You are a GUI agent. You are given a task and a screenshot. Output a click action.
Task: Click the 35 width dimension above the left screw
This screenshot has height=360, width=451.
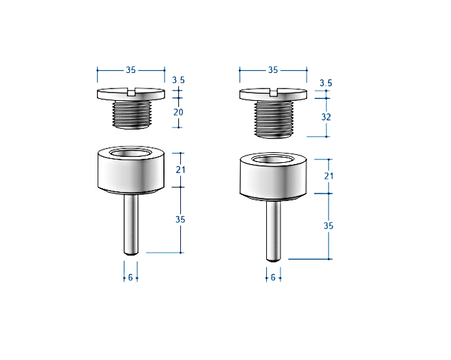coord(131,70)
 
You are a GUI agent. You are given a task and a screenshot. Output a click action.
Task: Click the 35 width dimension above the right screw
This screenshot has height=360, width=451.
coord(273,70)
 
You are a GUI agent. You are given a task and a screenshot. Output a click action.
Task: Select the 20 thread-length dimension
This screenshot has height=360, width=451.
coord(178,112)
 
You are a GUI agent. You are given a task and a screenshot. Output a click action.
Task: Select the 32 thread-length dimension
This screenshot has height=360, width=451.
coord(326,117)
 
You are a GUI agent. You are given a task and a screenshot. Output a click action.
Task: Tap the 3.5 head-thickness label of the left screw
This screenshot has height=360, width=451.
coord(178,80)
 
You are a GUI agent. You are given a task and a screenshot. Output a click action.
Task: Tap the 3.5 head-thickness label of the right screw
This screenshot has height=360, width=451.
coord(326,83)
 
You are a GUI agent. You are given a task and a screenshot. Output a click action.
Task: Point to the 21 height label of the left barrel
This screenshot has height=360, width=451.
coord(181,170)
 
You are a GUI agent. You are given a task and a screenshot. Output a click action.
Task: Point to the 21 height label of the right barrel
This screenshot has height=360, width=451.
coord(329,176)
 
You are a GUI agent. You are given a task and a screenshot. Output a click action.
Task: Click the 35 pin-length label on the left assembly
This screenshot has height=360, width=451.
coord(180,219)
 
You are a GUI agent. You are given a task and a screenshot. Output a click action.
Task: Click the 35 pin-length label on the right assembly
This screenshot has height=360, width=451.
coord(329,226)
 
